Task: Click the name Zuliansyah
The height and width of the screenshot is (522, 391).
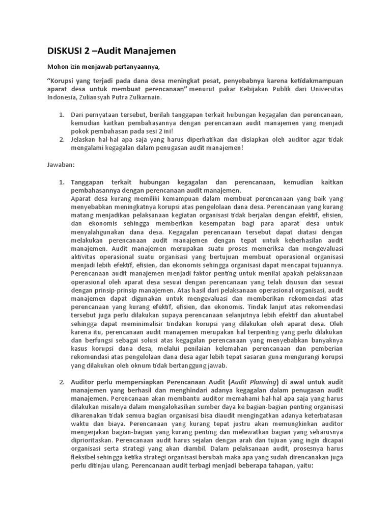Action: point(99,97)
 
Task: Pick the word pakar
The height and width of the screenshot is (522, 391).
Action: point(213,89)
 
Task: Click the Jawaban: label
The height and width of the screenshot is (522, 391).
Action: point(61,165)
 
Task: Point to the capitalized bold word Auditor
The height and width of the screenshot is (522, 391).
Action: point(85,382)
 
